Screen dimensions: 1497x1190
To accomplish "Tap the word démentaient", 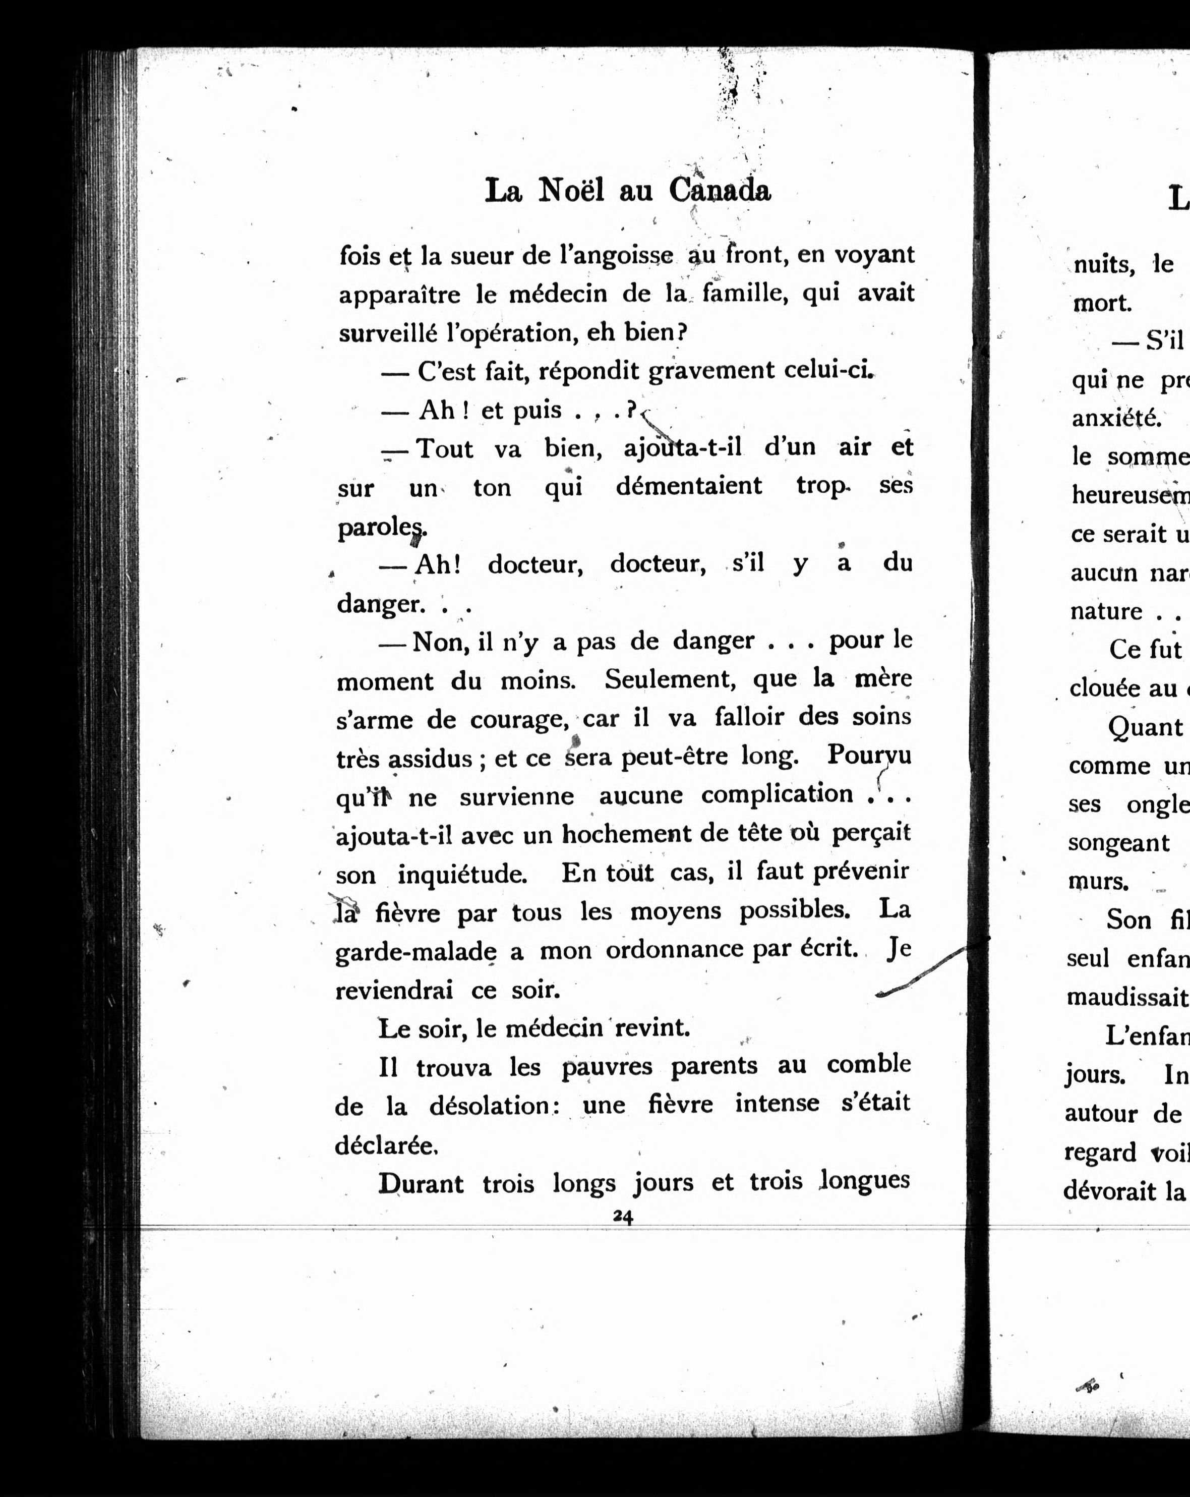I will tap(689, 486).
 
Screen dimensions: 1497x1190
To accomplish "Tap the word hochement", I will tap(621, 833).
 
